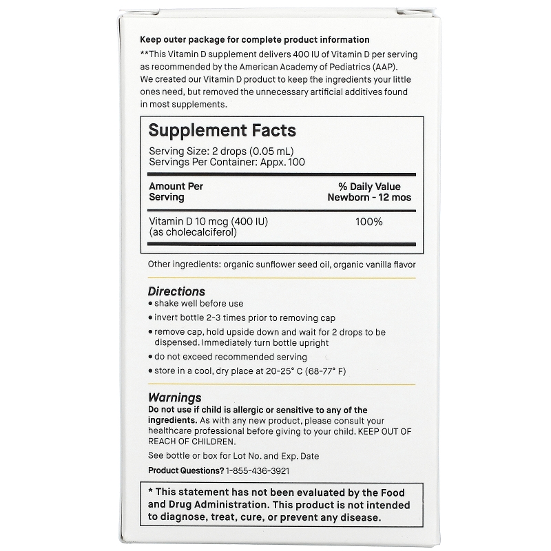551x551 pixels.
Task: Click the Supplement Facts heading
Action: click(222, 130)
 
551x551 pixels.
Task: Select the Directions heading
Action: click(177, 291)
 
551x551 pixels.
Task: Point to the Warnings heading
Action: click(175, 397)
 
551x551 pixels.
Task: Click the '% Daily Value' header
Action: click(368, 187)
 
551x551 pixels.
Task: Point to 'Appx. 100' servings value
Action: click(280, 161)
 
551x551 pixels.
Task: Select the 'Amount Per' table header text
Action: click(176, 187)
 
